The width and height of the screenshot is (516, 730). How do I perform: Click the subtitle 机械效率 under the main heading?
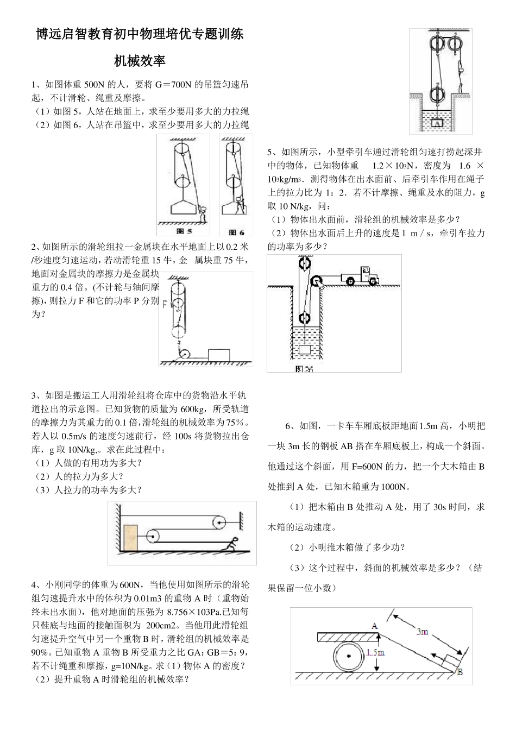pos(140,61)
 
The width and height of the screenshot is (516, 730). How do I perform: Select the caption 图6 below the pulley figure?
pos(238,231)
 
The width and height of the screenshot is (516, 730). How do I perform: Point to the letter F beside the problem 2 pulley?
pos(164,305)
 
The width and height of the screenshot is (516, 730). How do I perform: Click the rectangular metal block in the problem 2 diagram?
pos(219,354)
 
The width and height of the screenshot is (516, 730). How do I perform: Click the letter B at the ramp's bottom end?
pos(460,672)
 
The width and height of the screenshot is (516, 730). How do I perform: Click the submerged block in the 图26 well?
pos(305,349)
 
